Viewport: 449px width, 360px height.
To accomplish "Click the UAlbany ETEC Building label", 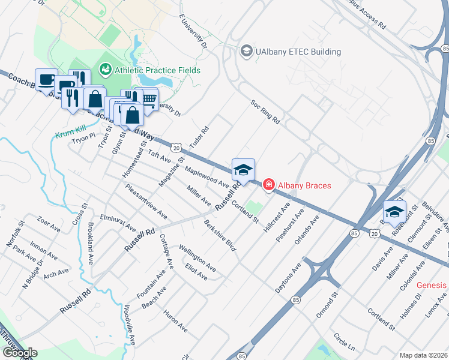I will click(x=298, y=52).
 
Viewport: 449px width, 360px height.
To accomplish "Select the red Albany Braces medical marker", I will click(x=268, y=185).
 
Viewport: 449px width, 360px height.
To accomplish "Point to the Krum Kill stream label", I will click(x=68, y=135).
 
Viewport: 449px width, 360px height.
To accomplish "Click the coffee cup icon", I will click(x=46, y=79).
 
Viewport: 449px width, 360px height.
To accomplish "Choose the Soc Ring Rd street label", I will click(x=265, y=112).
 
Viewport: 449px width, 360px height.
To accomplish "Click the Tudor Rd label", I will click(x=198, y=139).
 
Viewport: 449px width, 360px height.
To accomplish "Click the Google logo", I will click(x=19, y=353).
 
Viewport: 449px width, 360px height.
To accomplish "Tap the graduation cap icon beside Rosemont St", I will click(x=394, y=211).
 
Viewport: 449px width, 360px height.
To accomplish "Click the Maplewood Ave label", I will click(x=206, y=177).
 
